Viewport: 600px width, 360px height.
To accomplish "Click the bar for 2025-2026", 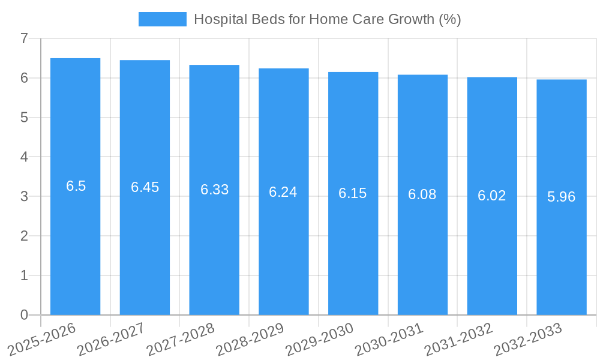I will (75, 240).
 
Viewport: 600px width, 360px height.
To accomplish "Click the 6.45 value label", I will (145, 187).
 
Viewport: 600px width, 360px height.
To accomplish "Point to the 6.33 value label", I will (214, 190).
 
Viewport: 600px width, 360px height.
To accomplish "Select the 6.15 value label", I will (353, 193).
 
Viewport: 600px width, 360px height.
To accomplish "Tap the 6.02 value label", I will (492, 196).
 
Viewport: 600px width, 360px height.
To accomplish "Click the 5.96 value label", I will (562, 197).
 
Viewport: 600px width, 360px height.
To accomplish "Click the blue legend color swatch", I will (162, 19).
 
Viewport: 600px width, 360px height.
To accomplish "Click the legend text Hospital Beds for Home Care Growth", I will (328, 19).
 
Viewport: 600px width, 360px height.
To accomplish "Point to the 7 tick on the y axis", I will (24, 38).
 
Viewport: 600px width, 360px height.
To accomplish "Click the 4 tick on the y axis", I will (24, 157).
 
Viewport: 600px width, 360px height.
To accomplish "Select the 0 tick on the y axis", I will (24, 315).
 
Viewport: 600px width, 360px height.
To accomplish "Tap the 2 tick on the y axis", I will (24, 236).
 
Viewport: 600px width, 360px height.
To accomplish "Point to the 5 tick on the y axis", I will (24, 118).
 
